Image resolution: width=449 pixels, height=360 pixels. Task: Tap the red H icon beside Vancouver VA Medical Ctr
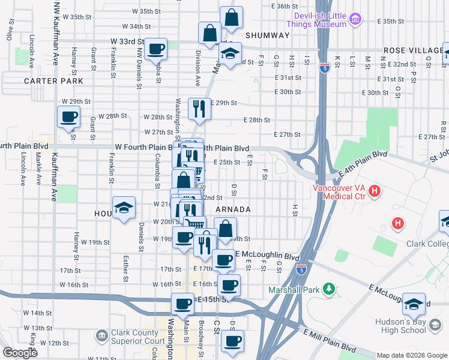(x=375, y=191)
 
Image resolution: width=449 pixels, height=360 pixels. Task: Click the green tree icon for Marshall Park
(x=328, y=290)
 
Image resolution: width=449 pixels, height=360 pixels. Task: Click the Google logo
(x=20, y=353)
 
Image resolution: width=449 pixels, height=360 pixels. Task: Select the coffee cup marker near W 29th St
(x=68, y=116)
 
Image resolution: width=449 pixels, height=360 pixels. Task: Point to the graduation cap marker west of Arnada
(x=123, y=208)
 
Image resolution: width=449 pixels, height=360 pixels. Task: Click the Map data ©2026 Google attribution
(x=412, y=355)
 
